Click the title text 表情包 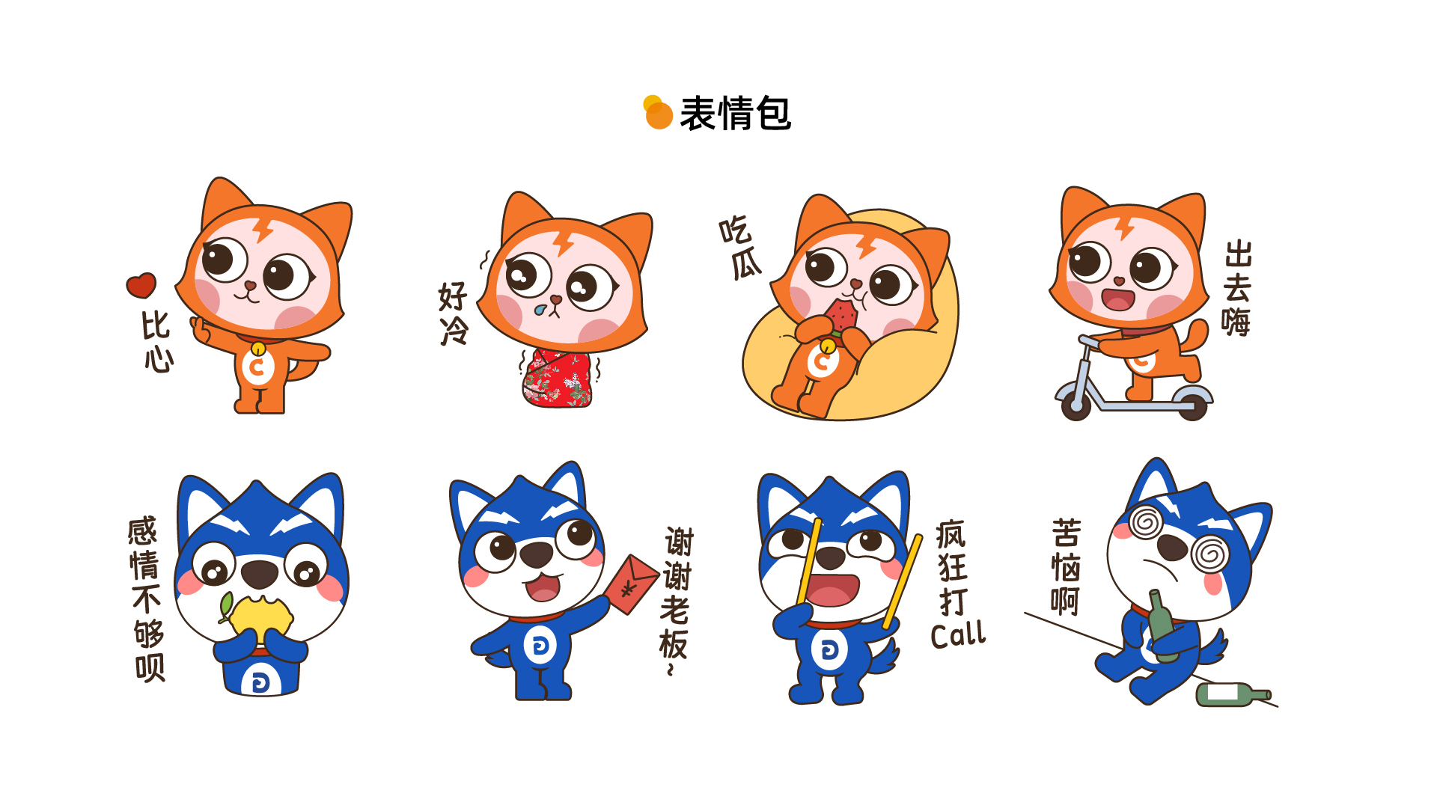(x=735, y=114)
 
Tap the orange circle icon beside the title (x=659, y=116)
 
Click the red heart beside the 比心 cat (x=141, y=285)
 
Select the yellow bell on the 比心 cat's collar (x=258, y=349)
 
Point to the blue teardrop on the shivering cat (x=540, y=309)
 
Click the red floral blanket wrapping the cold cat (x=558, y=379)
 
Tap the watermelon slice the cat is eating (x=842, y=316)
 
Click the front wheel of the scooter (x=1076, y=405)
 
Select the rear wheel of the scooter (x=1192, y=406)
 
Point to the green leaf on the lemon (x=225, y=605)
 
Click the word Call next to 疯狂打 (x=958, y=634)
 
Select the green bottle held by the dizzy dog (x=1162, y=626)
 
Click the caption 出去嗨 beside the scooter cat (x=1237, y=289)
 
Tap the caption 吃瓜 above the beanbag (x=739, y=248)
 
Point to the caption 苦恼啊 (x=1066, y=567)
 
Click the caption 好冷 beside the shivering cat (x=454, y=313)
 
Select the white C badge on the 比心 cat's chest (x=257, y=367)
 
